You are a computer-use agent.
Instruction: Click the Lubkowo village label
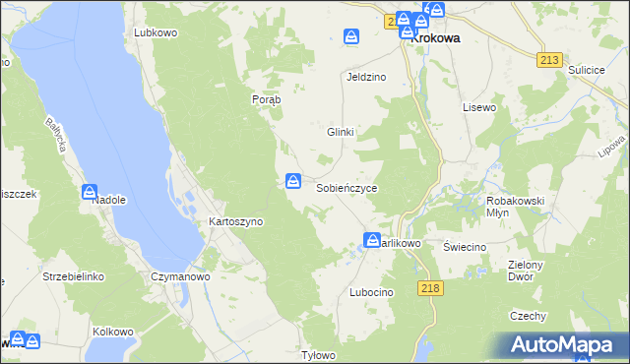[155, 32]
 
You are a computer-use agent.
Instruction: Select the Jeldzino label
[365, 77]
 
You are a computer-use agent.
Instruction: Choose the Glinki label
[340, 132]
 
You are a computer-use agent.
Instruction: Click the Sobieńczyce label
[346, 187]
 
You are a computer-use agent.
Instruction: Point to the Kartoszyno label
[235, 222]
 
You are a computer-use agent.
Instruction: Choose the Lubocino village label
[371, 293]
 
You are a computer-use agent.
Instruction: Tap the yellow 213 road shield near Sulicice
[550, 60]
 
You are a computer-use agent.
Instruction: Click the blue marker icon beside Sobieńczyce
[292, 180]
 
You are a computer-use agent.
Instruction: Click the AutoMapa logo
[565, 345]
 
